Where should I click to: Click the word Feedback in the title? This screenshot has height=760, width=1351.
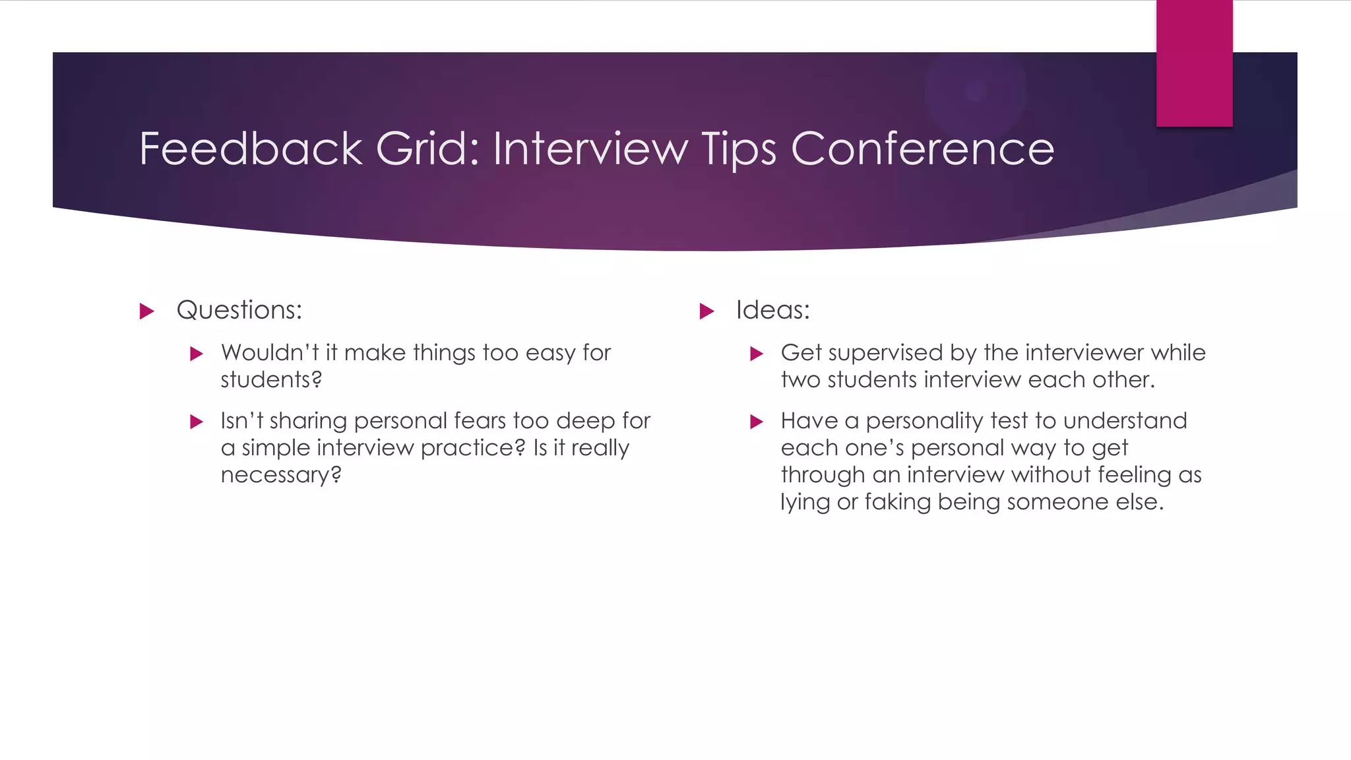point(251,149)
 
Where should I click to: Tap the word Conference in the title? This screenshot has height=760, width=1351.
point(922,149)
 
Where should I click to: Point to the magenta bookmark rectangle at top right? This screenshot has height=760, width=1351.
point(1194,63)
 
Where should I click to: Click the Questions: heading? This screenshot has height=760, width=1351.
point(239,310)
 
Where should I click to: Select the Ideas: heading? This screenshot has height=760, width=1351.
point(772,310)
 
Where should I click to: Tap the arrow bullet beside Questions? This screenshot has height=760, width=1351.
point(147,311)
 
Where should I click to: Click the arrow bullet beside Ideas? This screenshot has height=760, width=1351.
point(707,311)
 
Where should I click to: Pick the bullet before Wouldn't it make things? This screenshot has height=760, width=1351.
point(197,354)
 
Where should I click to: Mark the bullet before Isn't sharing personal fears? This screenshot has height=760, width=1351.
point(197,422)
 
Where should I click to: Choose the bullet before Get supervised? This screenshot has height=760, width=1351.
point(757,354)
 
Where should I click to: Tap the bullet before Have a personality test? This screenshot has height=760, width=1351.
point(757,422)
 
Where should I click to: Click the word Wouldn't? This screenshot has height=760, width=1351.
point(270,353)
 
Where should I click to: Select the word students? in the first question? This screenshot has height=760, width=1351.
point(271,380)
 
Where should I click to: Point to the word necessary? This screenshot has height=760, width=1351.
point(281,475)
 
